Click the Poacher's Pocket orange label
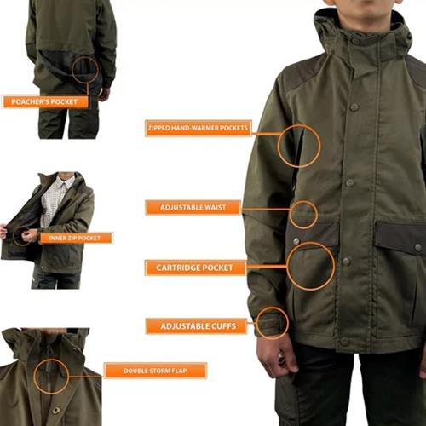pos(45,101)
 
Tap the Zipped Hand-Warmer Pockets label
pos(199,128)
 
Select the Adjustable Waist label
pos(193,207)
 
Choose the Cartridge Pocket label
pos(195,268)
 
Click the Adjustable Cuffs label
pos(197,326)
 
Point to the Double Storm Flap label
pos(155,371)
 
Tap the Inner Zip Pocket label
pos(76,238)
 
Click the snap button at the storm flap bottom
pos(56,410)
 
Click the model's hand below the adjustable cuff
pos(274,356)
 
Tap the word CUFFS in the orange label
pos(222,326)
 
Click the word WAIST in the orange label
pos(215,207)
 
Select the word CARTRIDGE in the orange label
pos(176,268)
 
